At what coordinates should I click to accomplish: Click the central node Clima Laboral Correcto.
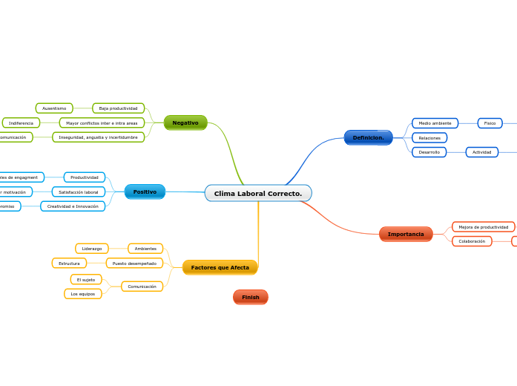coord(258,193)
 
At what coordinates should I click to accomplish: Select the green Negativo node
coord(185,122)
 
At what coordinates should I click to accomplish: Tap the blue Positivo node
coord(145,192)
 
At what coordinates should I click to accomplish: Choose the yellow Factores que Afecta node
coord(220,267)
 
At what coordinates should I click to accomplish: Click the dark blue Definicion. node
coord(368,137)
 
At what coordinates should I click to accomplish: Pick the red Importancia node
coord(406,234)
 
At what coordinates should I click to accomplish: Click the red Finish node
coord(251,297)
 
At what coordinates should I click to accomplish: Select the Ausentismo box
coord(54,108)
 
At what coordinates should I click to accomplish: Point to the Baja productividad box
coord(119,108)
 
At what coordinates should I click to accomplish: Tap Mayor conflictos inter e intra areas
coord(102,122)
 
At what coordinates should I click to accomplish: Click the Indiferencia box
coord(21,122)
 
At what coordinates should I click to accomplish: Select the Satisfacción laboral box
coord(79,192)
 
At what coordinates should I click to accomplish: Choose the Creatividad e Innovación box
coord(73,206)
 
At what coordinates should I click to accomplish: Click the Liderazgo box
coord(92,249)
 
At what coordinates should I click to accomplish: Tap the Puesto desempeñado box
coord(134,263)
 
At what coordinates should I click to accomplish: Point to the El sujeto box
coord(86,280)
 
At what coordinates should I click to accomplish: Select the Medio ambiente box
coord(435,123)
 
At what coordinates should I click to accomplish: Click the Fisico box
coord(490,123)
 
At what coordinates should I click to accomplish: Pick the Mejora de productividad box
coord(483,226)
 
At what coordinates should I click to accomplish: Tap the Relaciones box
coord(429,138)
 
